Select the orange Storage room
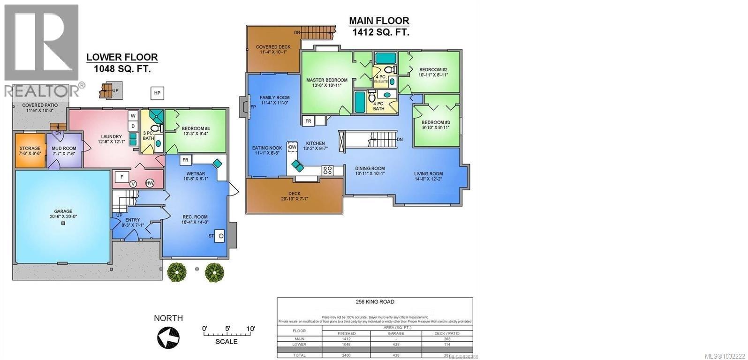click(x=30, y=151)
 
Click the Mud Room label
click(x=64, y=151)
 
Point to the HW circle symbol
click(x=150, y=183)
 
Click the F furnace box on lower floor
click(x=122, y=177)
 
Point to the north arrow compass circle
click(x=168, y=336)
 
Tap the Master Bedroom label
click(x=327, y=83)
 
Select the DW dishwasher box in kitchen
click(x=293, y=147)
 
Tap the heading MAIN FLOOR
click(x=379, y=21)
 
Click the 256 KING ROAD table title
click(x=374, y=302)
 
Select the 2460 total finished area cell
click(x=348, y=355)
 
